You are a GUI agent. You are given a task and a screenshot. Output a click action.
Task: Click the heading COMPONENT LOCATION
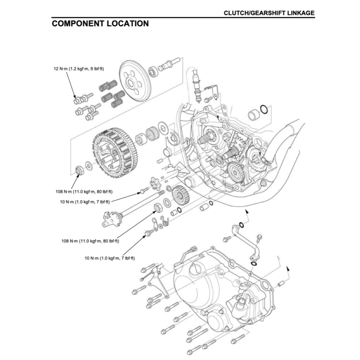point(100,24)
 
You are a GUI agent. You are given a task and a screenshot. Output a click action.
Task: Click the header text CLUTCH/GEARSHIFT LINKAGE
point(269,13)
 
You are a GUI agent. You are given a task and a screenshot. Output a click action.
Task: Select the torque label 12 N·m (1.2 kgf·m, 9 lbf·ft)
point(78,69)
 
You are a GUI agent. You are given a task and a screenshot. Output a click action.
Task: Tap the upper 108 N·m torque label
point(84,192)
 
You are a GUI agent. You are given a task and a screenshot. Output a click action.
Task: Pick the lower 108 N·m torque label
point(90,241)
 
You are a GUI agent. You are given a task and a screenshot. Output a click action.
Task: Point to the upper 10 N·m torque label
point(85,201)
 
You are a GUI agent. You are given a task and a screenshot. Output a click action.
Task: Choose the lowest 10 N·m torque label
point(110,258)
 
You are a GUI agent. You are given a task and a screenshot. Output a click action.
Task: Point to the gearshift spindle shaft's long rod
point(141,204)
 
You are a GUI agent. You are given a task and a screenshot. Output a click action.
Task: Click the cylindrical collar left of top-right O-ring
point(253,115)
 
